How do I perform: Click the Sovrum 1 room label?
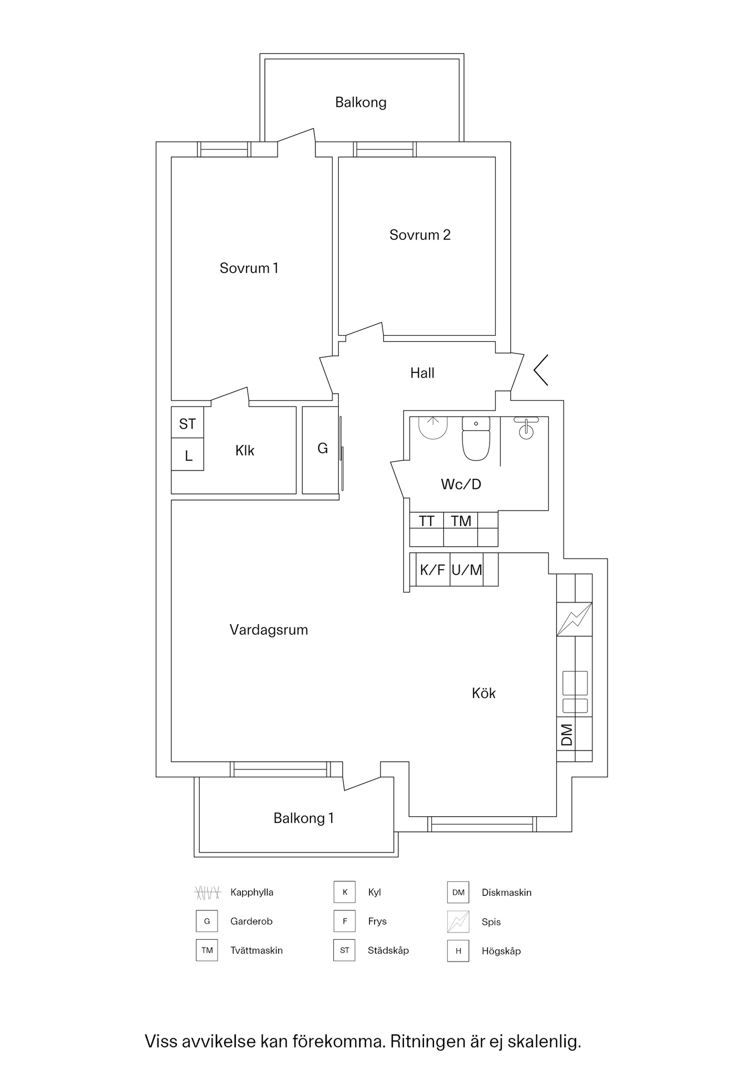click(x=249, y=268)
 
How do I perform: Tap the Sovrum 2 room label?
click(x=420, y=235)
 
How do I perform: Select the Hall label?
click(x=422, y=373)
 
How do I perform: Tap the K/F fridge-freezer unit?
click(x=433, y=570)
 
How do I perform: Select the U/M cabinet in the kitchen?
click(x=467, y=570)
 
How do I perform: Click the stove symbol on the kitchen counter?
click(x=574, y=619)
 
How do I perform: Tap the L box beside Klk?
click(x=187, y=454)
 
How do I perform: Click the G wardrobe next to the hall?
click(x=322, y=450)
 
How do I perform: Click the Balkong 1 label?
click(x=304, y=818)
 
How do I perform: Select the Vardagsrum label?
click(x=269, y=630)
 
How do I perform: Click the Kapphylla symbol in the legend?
click(x=207, y=893)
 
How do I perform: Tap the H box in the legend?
click(x=458, y=951)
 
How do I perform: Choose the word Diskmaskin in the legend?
click(x=507, y=893)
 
